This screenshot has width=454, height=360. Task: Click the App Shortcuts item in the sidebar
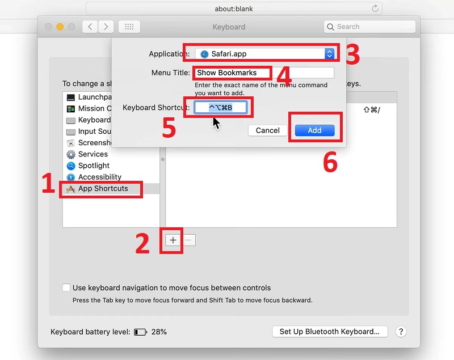102,189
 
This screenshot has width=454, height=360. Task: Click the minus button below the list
189,240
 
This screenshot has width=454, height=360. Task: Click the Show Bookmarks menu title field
264,73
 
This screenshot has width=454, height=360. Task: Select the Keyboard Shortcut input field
220,108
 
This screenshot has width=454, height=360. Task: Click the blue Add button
314,130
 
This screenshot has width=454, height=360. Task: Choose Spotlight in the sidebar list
94,166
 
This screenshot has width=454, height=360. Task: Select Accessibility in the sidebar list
99,177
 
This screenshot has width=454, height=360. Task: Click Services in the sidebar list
93,154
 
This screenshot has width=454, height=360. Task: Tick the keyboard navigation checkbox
66,288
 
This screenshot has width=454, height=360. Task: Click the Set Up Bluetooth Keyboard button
330,332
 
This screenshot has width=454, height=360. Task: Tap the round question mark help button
400,332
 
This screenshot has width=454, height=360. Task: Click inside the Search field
372,27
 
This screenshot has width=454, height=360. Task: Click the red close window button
48,27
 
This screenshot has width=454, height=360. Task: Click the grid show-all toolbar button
129,27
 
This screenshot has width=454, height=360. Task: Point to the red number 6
330,163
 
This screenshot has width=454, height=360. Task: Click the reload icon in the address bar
375,9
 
